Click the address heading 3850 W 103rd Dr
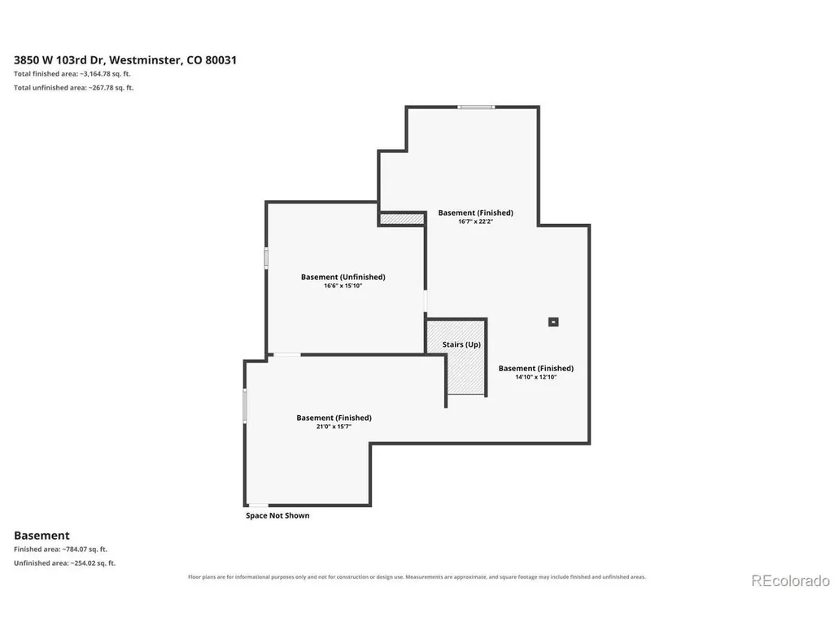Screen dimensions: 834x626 pyautogui.click(x=125, y=60)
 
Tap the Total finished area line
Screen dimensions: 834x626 pyautogui.click(x=72, y=74)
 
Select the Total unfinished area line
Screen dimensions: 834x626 pyautogui.click(x=74, y=88)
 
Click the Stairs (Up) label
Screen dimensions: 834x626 pyautogui.click(x=461, y=344)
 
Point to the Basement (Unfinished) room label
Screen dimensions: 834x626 pyautogui.click(x=343, y=277)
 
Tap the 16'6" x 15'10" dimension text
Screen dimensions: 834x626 pyautogui.click(x=343, y=286)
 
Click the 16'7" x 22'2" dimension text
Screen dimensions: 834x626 pyautogui.click(x=475, y=221)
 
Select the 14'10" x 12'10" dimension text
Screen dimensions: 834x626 pyautogui.click(x=535, y=377)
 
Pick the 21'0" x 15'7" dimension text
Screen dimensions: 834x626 pyautogui.click(x=334, y=427)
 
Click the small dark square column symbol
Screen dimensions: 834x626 pyautogui.click(x=553, y=322)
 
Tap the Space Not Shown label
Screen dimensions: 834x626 pyautogui.click(x=277, y=515)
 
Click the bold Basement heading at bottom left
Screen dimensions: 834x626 pyautogui.click(x=41, y=536)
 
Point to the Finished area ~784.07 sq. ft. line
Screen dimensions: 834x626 pyautogui.click(x=61, y=549)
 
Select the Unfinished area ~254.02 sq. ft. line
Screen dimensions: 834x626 pyautogui.click(x=64, y=563)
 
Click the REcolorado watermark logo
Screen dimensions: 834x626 pyautogui.click(x=790, y=580)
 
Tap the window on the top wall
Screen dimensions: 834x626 pyautogui.click(x=476, y=107)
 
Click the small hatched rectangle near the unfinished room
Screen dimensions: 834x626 pyautogui.click(x=402, y=219)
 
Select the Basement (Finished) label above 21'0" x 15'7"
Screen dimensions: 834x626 pyautogui.click(x=334, y=418)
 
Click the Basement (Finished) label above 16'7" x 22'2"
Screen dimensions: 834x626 pyautogui.click(x=475, y=213)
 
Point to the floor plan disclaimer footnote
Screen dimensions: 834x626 pyautogui.click(x=417, y=577)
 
